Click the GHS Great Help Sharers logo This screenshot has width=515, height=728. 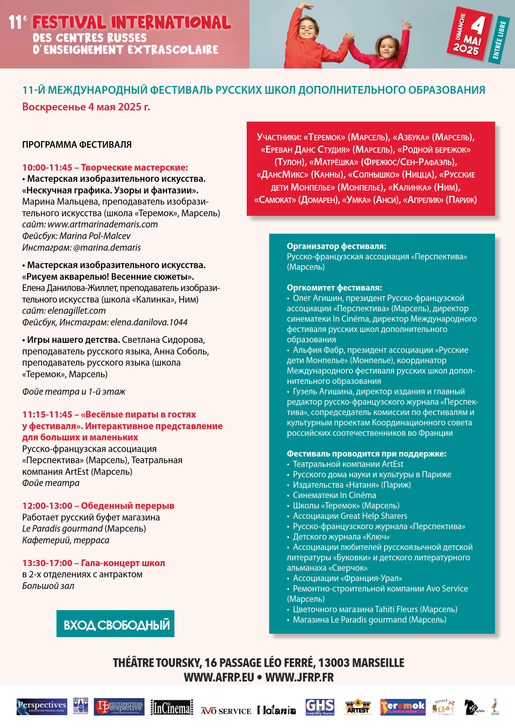(x=320, y=707)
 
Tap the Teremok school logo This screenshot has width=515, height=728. (x=403, y=707)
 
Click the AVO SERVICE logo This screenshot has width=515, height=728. (x=226, y=711)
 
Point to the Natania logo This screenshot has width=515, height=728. (x=276, y=710)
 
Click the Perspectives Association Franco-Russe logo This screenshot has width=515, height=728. (x=42, y=706)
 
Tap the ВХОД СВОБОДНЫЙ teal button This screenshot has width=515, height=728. (x=115, y=624)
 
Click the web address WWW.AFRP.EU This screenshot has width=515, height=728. (x=219, y=677)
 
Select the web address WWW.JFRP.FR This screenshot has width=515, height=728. (x=299, y=677)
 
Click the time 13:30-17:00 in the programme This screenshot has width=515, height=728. (x=47, y=563)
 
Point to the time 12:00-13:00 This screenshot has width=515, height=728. (x=47, y=506)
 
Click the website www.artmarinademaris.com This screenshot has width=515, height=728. (x=103, y=225)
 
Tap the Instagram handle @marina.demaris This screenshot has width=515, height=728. (x=107, y=248)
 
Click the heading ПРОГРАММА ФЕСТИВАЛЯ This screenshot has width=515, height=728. (x=77, y=145)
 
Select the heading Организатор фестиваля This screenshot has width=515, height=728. (x=336, y=246)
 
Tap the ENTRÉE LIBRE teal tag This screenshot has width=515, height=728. (x=499, y=40)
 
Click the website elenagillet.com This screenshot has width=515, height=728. (x=76, y=311)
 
